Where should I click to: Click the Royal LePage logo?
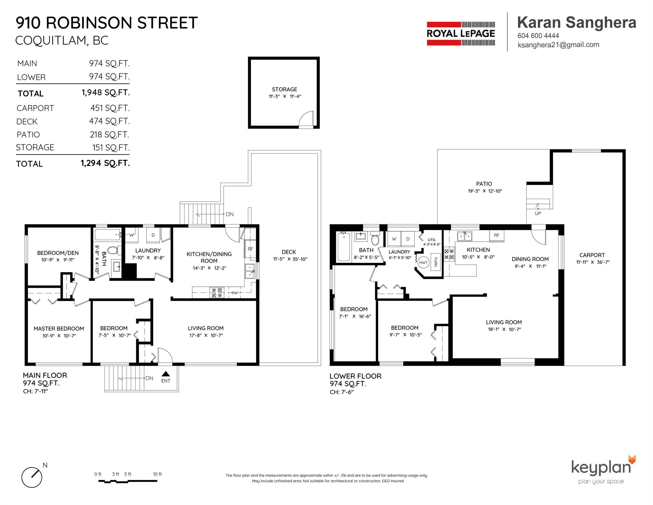[x=461, y=34]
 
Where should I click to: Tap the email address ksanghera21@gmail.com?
[x=558, y=45]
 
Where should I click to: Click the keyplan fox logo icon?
[x=632, y=460]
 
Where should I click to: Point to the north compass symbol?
[x=32, y=477]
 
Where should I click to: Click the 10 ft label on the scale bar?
[x=157, y=474]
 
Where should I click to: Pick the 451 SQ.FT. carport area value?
[x=110, y=108]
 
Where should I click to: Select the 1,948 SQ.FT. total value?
[x=106, y=92]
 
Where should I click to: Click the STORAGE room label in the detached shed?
[x=284, y=89]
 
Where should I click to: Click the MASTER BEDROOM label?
[x=59, y=329]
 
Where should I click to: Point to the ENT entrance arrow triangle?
[x=166, y=374]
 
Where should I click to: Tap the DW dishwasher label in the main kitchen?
[x=235, y=293]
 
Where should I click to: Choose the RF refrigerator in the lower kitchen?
[x=497, y=235]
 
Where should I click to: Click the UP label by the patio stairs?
[x=538, y=214]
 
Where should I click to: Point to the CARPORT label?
[x=592, y=255]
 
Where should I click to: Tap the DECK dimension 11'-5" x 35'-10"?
[x=290, y=259]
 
